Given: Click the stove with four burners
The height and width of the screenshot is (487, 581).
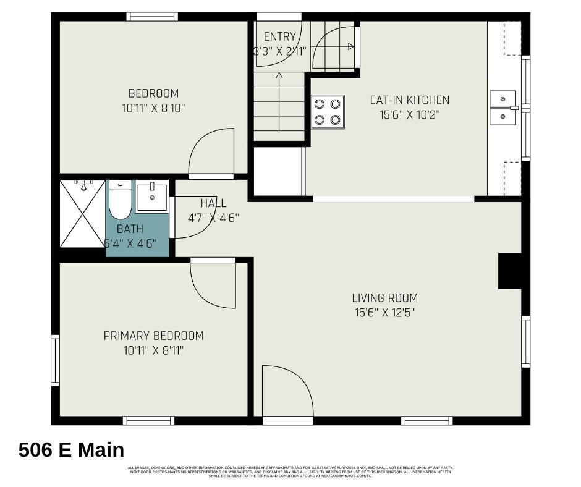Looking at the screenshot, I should pyautogui.click(x=328, y=112).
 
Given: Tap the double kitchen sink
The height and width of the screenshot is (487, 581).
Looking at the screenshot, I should pyautogui.click(x=503, y=108).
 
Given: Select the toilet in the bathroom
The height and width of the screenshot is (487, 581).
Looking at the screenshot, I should pyautogui.click(x=120, y=200).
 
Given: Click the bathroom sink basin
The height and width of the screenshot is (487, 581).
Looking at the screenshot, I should pyautogui.click(x=151, y=197).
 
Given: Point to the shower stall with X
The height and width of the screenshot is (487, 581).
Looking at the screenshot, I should pyautogui.click(x=82, y=214).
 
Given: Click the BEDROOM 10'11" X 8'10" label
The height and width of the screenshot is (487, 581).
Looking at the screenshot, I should pyautogui.click(x=153, y=101).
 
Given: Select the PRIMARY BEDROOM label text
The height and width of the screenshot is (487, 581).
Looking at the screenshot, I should pyautogui.click(x=153, y=336).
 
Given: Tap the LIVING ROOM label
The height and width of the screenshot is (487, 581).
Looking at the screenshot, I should pyautogui.click(x=384, y=298).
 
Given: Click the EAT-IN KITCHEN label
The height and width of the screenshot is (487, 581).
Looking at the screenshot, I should pyautogui.click(x=409, y=100).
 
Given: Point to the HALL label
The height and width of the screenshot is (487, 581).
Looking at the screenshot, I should pyautogui.click(x=213, y=203).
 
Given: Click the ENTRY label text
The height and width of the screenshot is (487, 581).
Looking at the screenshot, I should pyautogui.click(x=279, y=37).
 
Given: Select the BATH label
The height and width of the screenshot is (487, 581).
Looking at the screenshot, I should pyautogui.click(x=130, y=229).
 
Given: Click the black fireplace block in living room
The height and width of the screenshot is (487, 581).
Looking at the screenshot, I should pyautogui.click(x=510, y=272).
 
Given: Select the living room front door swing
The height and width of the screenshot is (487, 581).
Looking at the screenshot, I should pyautogui.click(x=286, y=391).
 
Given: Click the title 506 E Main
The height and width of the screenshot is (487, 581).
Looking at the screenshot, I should pyautogui.click(x=71, y=449).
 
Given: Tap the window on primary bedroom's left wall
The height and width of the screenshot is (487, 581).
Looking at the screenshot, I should pyautogui.click(x=55, y=360).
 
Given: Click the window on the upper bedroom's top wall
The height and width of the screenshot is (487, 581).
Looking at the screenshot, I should pyautogui.click(x=152, y=17).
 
